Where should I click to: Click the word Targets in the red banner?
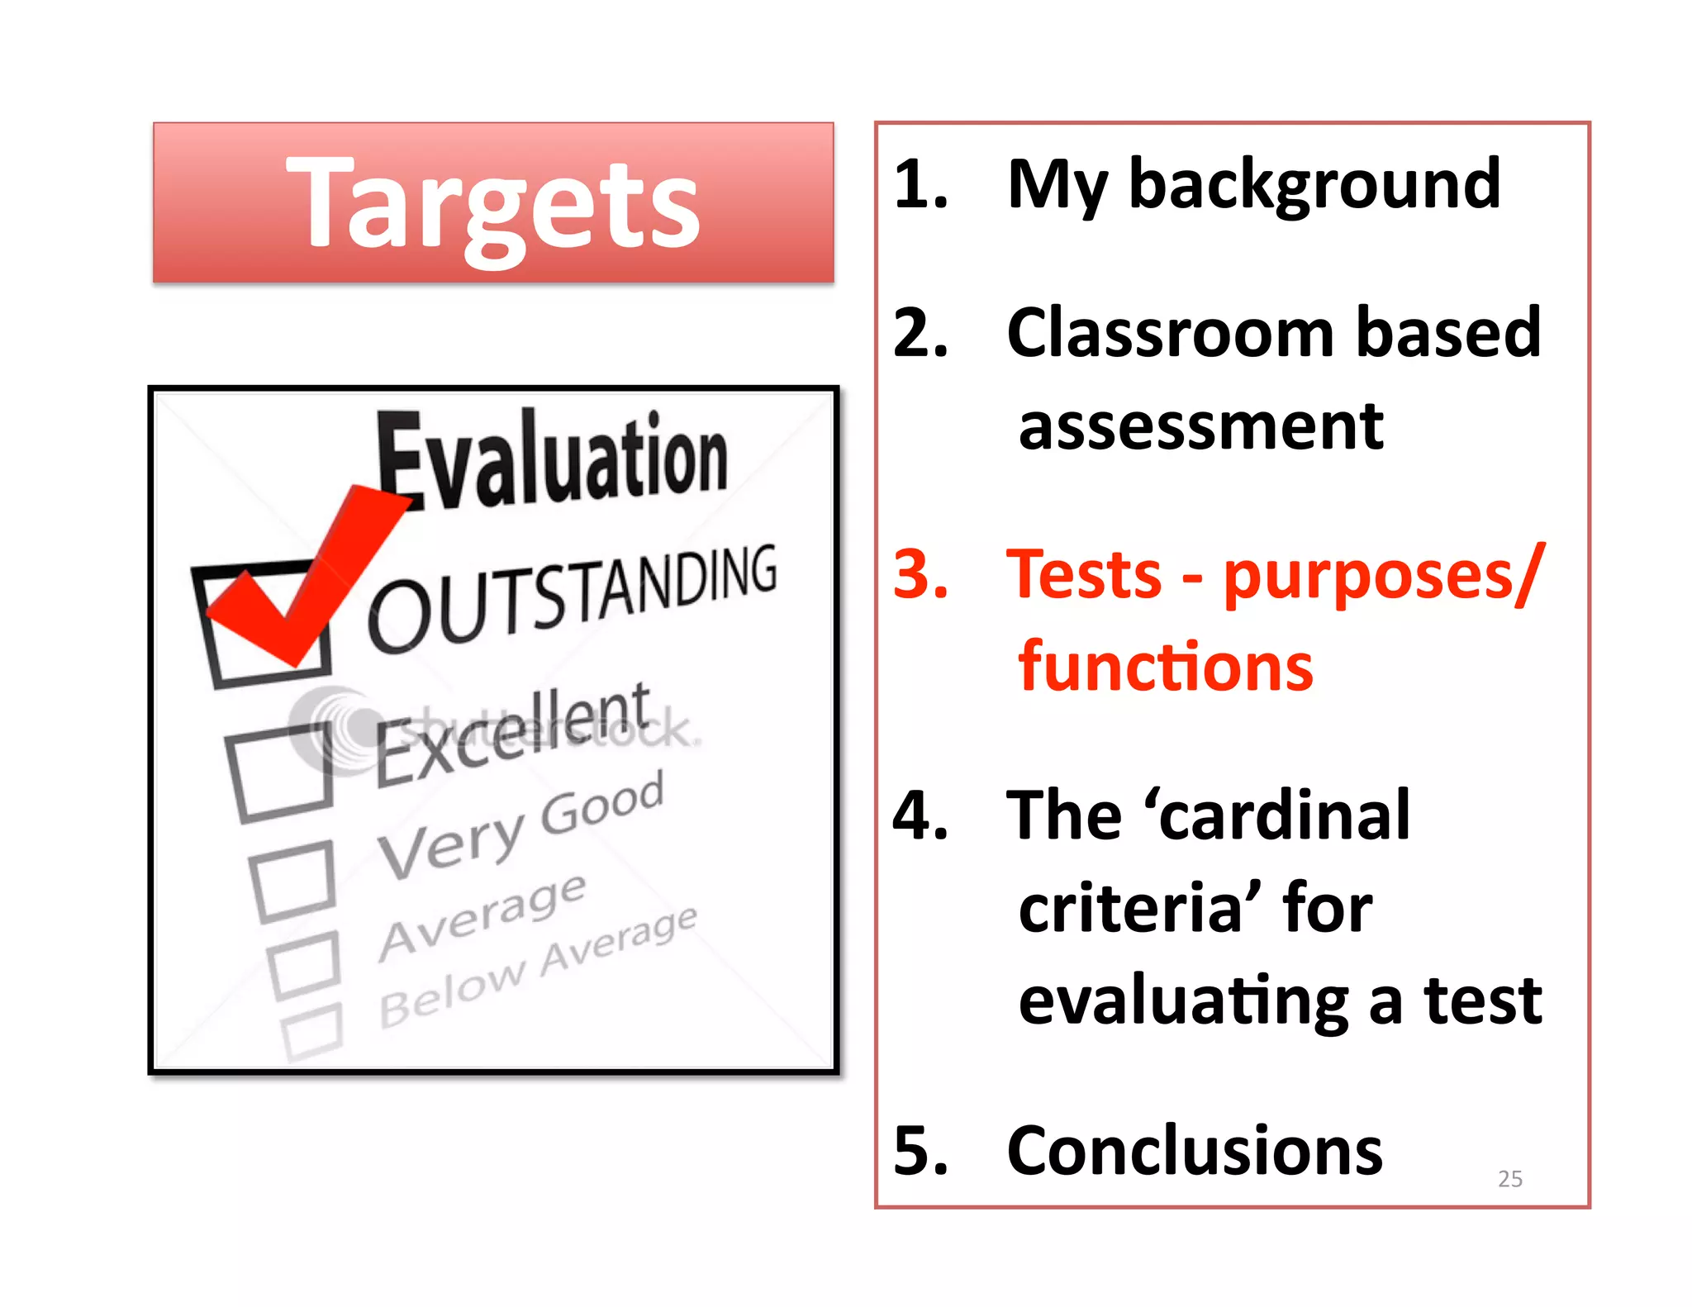pyautogui.click(x=493, y=203)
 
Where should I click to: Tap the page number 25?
pyautogui.click(x=1509, y=1179)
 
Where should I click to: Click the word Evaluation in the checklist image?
pyautogui.click(x=552, y=459)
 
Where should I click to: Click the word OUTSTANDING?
pyautogui.click(x=572, y=597)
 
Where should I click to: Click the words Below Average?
pyautogui.click(x=537, y=967)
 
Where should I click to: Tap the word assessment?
pyautogui.click(x=1200, y=427)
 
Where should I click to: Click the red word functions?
pyautogui.click(x=1165, y=667)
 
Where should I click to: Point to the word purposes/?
pyautogui.click(x=1382, y=576)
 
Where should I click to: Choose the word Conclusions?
pyautogui.click(x=1194, y=1151)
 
